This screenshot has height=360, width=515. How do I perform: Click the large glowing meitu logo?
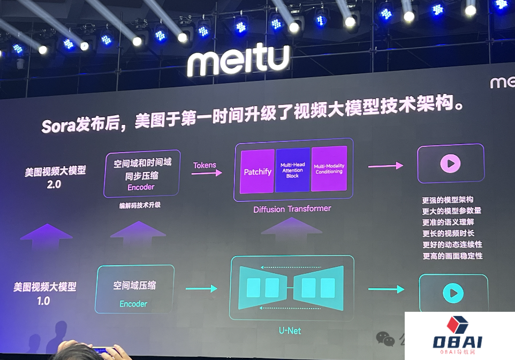tap(238, 61)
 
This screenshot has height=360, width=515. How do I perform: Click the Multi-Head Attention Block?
tap(292, 170)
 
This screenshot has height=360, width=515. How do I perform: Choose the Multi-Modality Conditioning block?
tap(329, 169)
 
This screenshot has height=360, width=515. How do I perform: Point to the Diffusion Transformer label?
tap(292, 209)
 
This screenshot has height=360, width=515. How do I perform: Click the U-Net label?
tap(290, 331)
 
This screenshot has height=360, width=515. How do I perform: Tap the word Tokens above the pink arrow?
tap(205, 165)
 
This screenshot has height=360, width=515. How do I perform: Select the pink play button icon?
tap(450, 163)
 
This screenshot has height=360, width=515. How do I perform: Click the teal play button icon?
tap(453, 293)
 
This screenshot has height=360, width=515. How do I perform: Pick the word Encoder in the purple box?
tap(141, 187)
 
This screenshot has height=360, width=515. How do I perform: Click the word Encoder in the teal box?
tap(133, 304)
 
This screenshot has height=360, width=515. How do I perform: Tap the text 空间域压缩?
tap(134, 286)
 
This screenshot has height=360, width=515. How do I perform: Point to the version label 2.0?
tap(55, 185)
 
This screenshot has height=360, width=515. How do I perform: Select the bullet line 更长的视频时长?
tap(448, 234)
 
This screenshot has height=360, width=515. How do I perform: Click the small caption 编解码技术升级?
tap(140, 205)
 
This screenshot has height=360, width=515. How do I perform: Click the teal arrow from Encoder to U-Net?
tap(203, 289)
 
